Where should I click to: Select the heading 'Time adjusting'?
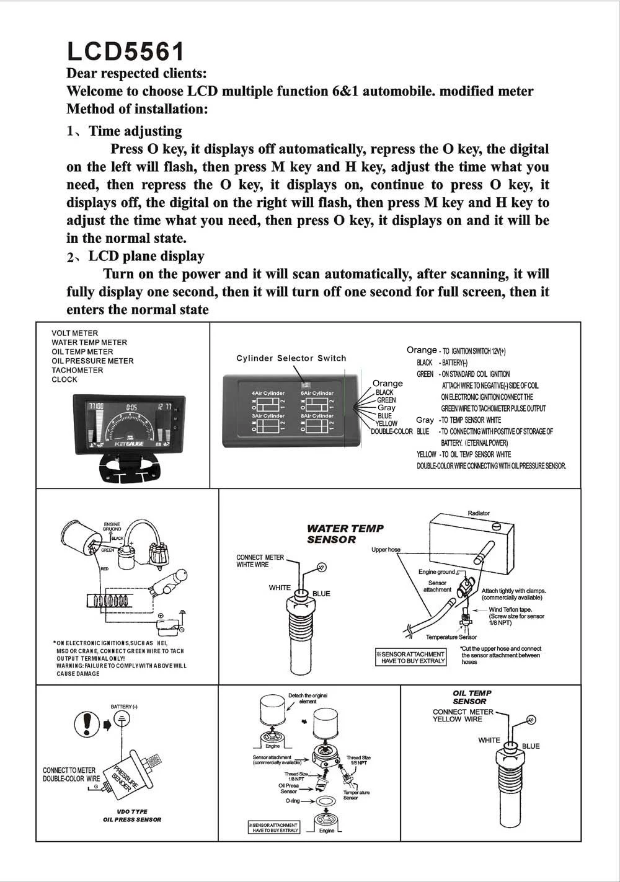pyautogui.click(x=135, y=131)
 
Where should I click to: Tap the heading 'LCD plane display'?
pyautogui.click(x=146, y=256)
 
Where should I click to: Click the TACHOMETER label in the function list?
pyautogui.click(x=77, y=370)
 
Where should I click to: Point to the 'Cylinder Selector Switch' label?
pyautogui.click(x=291, y=358)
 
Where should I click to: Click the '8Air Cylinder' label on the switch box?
pyautogui.click(x=317, y=415)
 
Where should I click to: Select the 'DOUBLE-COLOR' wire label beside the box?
pyautogui.click(x=391, y=431)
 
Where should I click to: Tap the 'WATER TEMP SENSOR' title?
pyautogui.click(x=345, y=534)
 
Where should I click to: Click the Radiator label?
pyautogui.click(x=479, y=513)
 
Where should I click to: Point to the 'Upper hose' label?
pyautogui.click(x=386, y=550)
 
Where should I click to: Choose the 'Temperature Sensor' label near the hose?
pyautogui.click(x=451, y=637)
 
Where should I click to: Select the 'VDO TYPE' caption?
pyautogui.click(x=132, y=811)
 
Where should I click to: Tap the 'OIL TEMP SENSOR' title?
pyautogui.click(x=472, y=697)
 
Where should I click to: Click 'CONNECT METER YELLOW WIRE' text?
pyautogui.click(x=463, y=715)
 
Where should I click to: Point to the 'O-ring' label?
pyautogui.click(x=293, y=801)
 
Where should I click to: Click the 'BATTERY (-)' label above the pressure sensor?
pyautogui.click(x=124, y=707)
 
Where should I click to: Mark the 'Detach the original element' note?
pyautogui.click(x=308, y=699)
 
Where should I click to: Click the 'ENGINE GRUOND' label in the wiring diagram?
pyautogui.click(x=112, y=527)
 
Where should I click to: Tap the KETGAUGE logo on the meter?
pyautogui.click(x=128, y=444)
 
